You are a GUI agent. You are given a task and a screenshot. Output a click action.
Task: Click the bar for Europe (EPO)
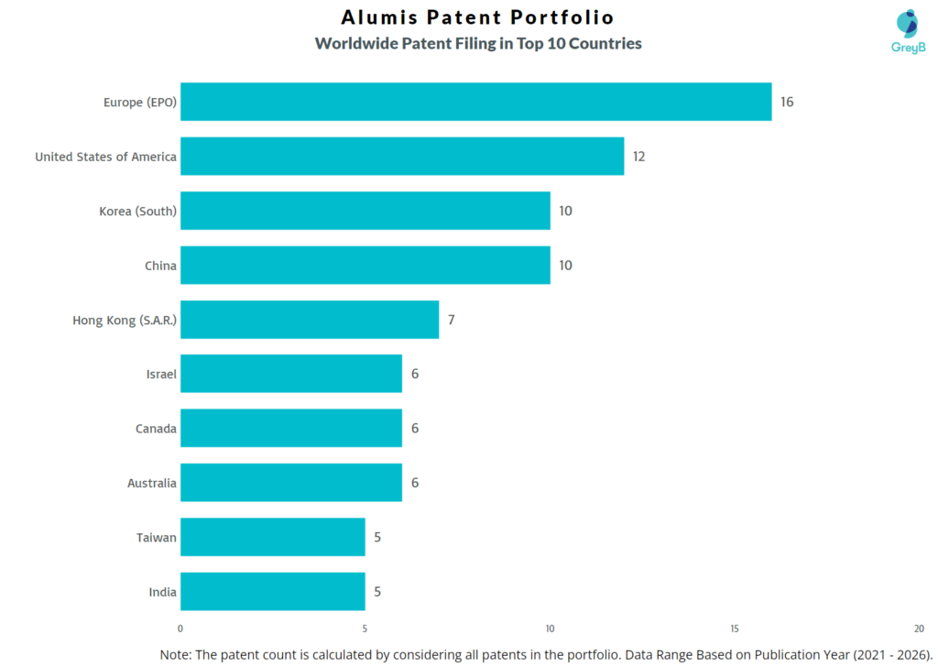tap(475, 102)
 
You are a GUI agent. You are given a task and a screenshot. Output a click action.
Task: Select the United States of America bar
tap(402, 157)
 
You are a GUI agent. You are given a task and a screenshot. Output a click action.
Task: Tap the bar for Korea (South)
tap(365, 211)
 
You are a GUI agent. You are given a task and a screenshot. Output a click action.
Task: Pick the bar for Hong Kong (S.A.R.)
tap(310, 320)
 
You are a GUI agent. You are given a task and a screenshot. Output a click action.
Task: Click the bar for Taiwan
tap(272, 537)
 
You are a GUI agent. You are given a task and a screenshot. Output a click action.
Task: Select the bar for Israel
tap(291, 374)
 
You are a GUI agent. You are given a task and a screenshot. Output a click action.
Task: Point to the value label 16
tap(787, 102)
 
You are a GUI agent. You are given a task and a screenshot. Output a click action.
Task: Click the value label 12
tap(638, 157)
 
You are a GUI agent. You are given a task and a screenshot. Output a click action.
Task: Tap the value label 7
tap(452, 320)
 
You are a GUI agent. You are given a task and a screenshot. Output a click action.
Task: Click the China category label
tap(160, 266)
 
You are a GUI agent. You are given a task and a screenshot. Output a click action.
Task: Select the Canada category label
tap(156, 429)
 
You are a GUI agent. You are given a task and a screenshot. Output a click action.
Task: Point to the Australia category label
tap(152, 483)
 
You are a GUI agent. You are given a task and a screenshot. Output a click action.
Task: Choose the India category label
tap(162, 592)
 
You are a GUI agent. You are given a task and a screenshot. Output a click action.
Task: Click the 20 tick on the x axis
tap(919, 628)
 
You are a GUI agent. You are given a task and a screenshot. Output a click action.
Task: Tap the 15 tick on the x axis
tap(735, 628)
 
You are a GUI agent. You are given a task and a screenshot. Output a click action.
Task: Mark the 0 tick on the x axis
tap(180, 628)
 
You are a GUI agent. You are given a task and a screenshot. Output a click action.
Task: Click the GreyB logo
tap(908, 31)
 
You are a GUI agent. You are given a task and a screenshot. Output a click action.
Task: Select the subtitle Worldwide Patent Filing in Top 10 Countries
tap(478, 43)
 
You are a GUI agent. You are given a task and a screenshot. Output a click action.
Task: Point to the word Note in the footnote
tap(177, 654)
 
